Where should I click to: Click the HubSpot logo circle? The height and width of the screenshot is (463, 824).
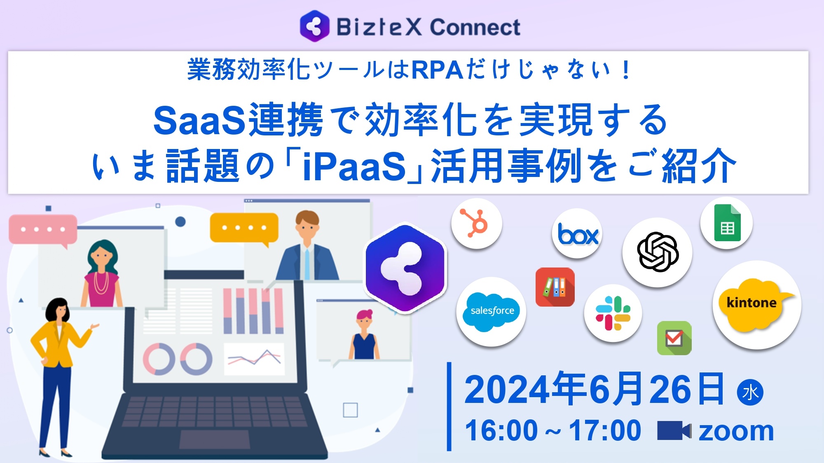[477, 223]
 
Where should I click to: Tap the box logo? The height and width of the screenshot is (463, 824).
[577, 234]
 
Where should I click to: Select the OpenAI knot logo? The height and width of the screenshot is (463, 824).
[657, 252]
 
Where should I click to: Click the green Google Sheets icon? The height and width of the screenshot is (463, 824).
[727, 223]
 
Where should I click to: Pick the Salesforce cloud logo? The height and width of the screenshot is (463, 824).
[492, 311]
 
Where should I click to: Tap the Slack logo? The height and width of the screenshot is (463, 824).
[613, 313]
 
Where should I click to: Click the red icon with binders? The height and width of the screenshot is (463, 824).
[555, 287]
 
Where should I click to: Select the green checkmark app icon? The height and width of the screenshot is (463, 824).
[674, 338]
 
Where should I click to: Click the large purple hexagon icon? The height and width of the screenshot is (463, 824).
[406, 268]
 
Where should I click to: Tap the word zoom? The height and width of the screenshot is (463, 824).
[736, 431]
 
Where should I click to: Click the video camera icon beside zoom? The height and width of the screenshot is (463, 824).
[674, 430]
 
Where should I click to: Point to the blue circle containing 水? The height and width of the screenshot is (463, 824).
[750, 392]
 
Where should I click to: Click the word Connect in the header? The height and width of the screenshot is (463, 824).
[475, 28]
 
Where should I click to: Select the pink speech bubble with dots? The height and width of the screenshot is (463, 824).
[43, 229]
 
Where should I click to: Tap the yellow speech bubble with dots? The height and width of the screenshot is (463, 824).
[244, 228]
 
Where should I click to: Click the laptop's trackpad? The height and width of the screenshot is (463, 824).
[215, 440]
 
